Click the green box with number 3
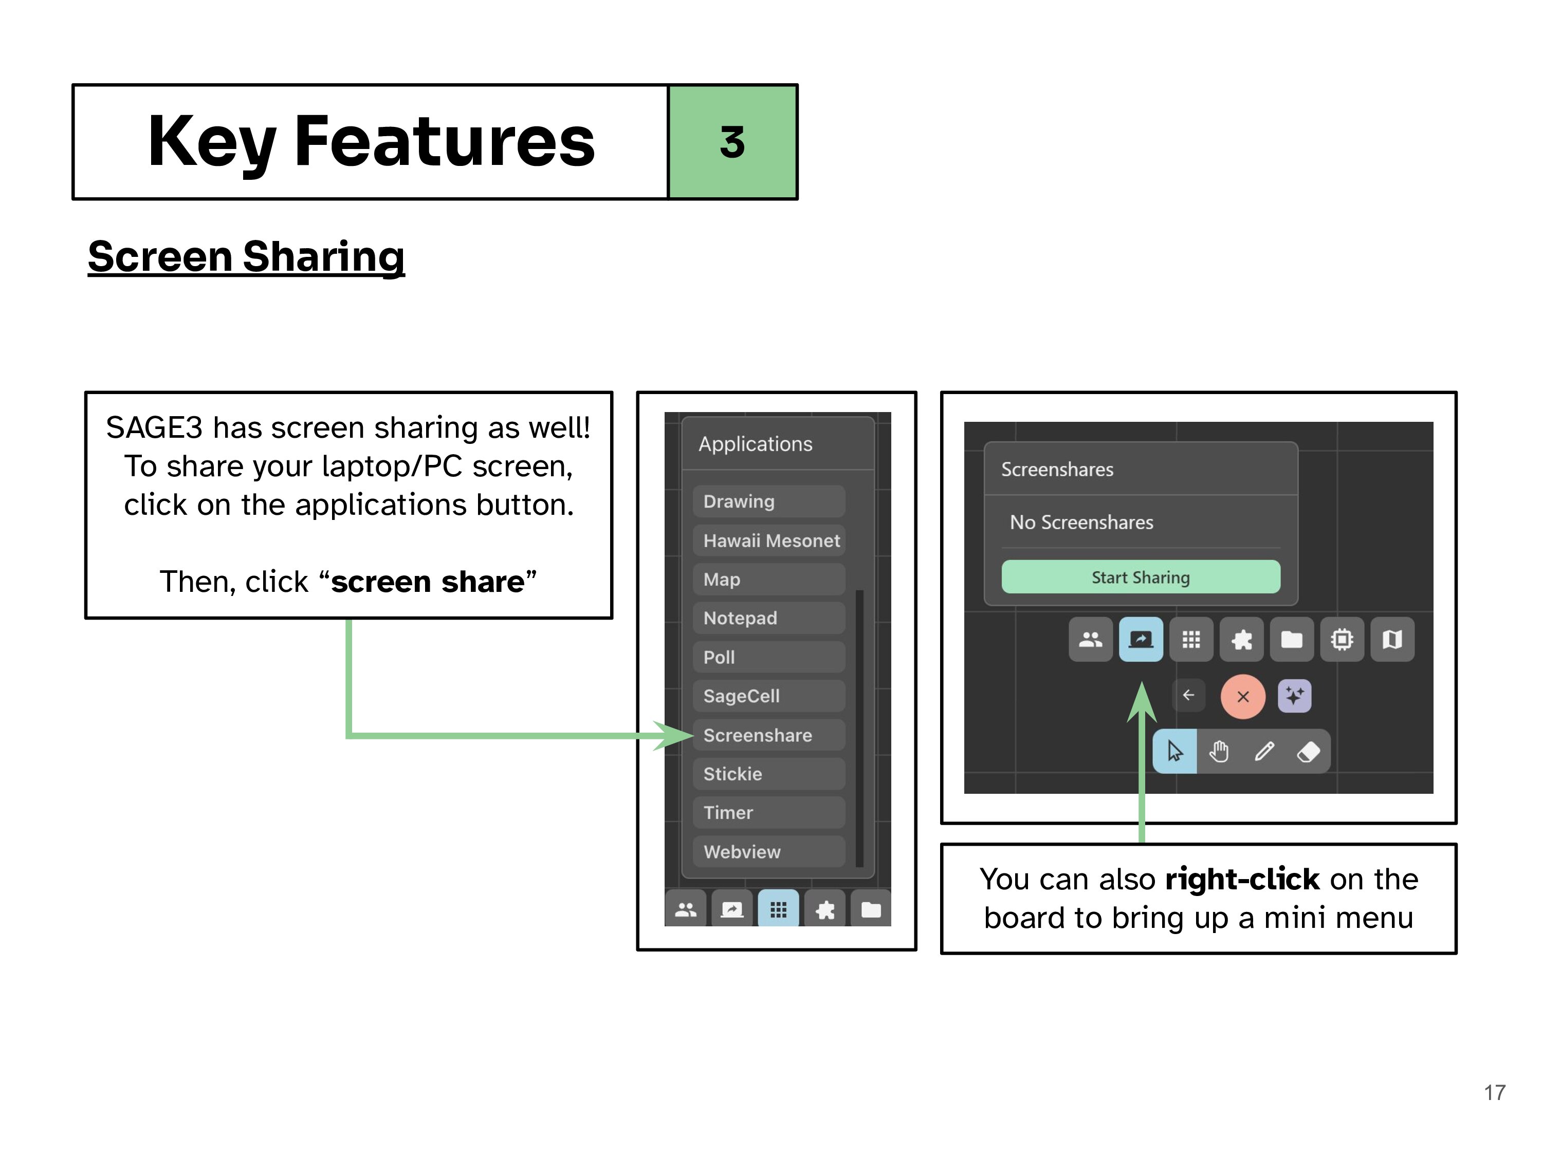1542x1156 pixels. point(732,142)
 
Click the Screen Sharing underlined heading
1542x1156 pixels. point(246,257)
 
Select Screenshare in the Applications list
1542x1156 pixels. point(769,735)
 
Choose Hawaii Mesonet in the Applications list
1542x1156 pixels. point(769,540)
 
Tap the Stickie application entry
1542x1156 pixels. point(769,774)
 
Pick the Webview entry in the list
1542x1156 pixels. point(769,851)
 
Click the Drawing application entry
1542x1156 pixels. point(769,501)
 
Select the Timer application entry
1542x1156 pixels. point(769,812)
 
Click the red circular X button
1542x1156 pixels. point(1243,696)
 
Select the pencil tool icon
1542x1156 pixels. point(1264,752)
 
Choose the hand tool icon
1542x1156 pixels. point(1219,752)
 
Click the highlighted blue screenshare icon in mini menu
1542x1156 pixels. point(1141,639)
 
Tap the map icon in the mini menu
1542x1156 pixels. point(1392,639)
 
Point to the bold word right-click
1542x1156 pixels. point(1243,880)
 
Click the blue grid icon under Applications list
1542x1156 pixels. point(779,909)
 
